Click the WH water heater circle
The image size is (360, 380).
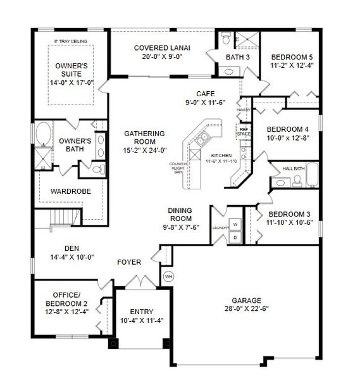168,276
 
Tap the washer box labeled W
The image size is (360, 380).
235,225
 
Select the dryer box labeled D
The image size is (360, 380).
235,237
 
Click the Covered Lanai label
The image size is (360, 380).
162,48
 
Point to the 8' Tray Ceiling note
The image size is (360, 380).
70,41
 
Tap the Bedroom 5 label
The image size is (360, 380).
292,56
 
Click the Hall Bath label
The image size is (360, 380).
294,168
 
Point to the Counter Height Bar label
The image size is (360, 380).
178,167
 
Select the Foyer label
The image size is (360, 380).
129,262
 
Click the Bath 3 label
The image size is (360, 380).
229,57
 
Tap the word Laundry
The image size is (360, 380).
220,227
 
